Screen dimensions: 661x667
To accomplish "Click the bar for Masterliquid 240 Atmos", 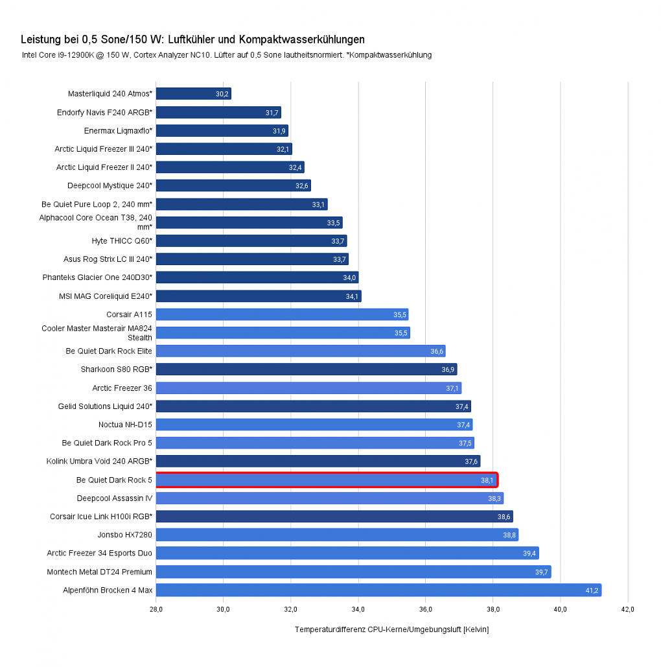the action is (194, 93).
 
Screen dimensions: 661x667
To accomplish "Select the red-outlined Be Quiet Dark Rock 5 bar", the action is (327, 480).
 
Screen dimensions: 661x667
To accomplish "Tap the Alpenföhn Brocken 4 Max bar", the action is (378, 590).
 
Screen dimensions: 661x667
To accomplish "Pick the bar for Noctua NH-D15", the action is (314, 425).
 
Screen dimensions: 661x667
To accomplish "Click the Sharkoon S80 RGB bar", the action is (307, 369).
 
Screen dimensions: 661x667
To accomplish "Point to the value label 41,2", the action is (592, 591).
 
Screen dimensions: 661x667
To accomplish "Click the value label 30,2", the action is (222, 94).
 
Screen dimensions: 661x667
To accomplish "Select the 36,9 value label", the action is (448, 369).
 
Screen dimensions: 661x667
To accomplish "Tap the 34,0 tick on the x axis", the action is (358, 609).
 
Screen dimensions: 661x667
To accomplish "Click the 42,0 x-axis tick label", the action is (628, 609).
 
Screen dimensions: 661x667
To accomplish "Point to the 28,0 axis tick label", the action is (156, 609).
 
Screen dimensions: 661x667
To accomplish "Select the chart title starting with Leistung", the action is (192, 40).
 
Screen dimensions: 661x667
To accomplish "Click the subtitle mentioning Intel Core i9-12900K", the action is (227, 55).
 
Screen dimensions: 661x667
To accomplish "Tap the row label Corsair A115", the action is (129, 314).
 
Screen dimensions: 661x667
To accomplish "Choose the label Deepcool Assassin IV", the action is (115, 498).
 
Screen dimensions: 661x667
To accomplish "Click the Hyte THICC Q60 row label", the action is (122, 240).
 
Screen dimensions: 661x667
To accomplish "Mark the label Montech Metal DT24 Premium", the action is (100, 572).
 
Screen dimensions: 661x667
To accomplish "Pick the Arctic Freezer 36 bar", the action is (309, 388).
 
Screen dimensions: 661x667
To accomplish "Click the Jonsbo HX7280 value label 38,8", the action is (509, 535).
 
